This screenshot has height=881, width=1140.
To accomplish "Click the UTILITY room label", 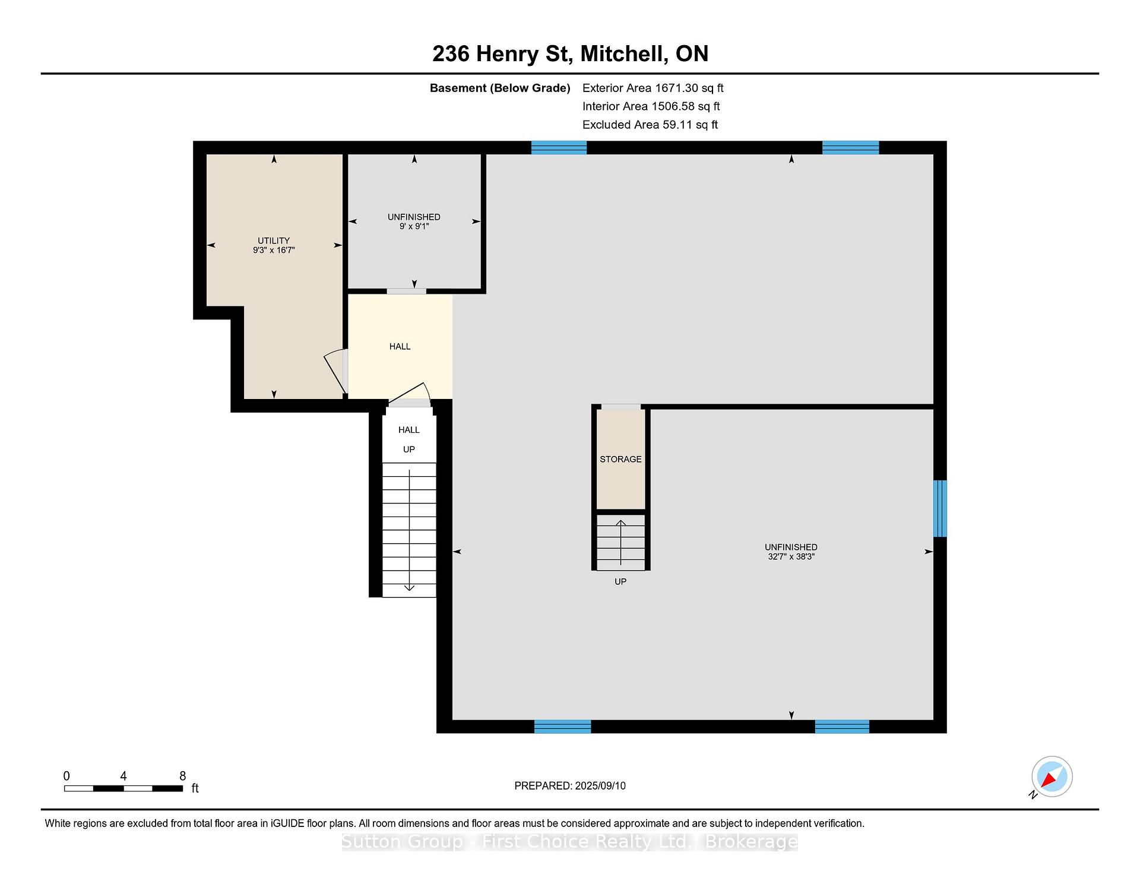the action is pos(274,240).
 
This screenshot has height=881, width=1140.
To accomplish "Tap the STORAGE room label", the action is pos(620,459).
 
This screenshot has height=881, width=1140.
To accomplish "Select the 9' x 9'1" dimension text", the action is pos(414,226).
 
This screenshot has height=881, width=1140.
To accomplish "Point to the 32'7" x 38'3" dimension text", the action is pos(791,556).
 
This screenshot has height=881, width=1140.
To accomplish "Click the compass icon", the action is pos(1052,777).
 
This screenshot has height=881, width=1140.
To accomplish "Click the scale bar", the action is pos(123,788).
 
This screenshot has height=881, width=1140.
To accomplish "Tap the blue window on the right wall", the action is pos(940,508).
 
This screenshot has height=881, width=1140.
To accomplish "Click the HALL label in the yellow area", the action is pos(400,346).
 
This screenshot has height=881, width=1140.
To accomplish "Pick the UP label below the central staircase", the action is pos(620,581).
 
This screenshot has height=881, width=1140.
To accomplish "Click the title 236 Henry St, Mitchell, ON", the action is pos(570,53).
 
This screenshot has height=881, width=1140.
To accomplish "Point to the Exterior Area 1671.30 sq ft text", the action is pos(653,88).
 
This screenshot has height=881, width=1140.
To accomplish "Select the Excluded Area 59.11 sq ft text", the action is pos(650,125).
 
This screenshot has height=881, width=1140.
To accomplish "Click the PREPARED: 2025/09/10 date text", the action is pos(570,785).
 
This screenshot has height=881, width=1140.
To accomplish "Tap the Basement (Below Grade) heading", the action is pos(500,88).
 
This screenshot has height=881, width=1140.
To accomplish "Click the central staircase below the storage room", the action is pos(620,541).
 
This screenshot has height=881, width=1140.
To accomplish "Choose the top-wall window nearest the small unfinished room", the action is pos(559,147).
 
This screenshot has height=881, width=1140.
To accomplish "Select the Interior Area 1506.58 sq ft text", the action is pos(651,106).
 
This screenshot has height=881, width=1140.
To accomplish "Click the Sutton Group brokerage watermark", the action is pos(570,842).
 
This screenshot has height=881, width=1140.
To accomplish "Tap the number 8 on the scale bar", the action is pos(183,776).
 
